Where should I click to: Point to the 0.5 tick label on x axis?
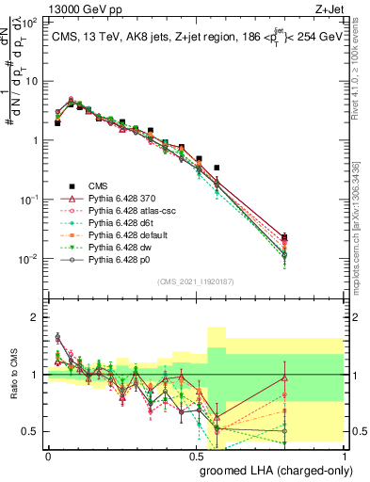(196, 456)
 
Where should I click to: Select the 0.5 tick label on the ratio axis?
(31, 431)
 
